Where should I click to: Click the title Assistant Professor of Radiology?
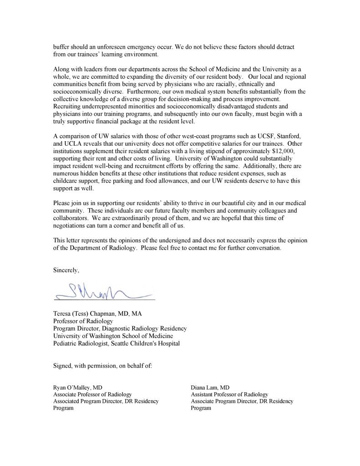click(229, 394)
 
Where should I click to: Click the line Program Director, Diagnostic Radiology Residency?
click(120, 328)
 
